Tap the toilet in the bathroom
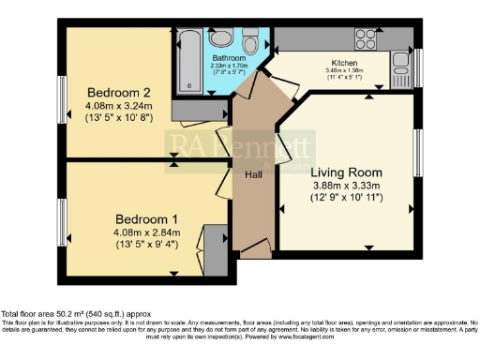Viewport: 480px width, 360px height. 250,42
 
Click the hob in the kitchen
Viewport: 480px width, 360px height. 365,38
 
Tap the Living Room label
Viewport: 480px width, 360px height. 346,172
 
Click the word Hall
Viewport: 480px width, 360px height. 253,173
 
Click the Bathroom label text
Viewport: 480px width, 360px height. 228,58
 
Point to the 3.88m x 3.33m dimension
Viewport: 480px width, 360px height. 346,187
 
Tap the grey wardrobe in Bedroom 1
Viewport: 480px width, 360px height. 215,250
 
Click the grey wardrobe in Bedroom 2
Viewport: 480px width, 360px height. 200,111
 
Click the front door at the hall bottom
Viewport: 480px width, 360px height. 255,248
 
